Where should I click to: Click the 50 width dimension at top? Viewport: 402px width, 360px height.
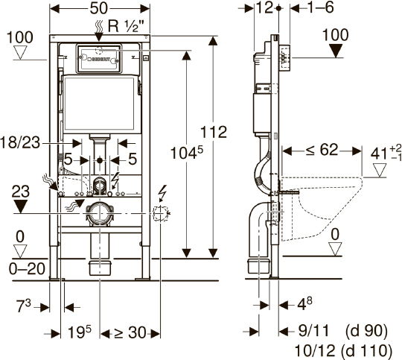coord(99,8)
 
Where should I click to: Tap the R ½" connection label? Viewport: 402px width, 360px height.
coord(126,25)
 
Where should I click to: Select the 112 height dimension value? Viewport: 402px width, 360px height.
coord(214,132)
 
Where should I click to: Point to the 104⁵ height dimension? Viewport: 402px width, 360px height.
coord(187,153)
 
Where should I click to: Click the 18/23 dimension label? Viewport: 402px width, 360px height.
coord(20,142)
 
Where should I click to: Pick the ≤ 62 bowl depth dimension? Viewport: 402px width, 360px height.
coord(322,150)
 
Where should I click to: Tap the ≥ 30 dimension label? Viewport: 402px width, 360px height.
coord(130,332)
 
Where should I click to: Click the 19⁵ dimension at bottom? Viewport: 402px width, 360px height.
coord(79,332)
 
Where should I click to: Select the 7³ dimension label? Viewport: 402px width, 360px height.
coord(24,306)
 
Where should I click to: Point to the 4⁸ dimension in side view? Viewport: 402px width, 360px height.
coord(304,304)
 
